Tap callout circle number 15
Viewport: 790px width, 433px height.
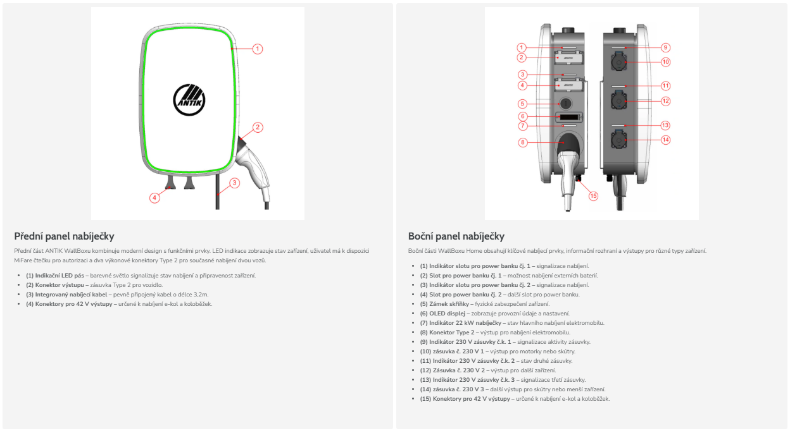(x=593, y=196)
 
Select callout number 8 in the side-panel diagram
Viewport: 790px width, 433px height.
(x=522, y=142)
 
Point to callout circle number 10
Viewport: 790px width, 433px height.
(x=665, y=62)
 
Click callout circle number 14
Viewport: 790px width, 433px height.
(x=665, y=140)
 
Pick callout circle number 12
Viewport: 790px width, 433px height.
(x=665, y=101)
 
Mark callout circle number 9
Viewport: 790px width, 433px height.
(x=665, y=47)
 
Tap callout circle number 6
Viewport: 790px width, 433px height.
(x=522, y=116)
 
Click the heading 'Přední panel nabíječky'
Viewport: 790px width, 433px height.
(x=64, y=236)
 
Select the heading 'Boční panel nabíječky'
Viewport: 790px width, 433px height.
(x=456, y=236)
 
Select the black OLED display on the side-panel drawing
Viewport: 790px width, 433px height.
(x=569, y=118)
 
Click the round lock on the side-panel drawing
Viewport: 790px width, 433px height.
(x=566, y=103)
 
